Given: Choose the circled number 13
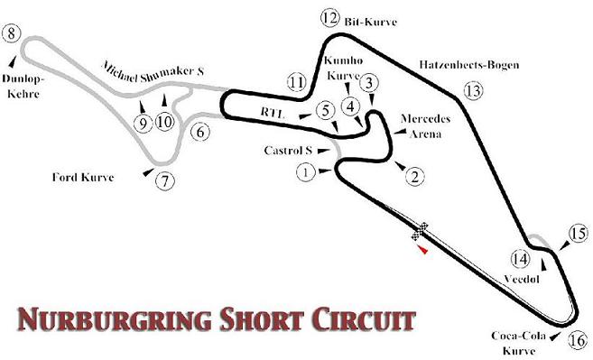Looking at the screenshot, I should coord(473,89).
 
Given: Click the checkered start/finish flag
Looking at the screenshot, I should coord(420,231).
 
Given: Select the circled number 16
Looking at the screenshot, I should coord(579,340).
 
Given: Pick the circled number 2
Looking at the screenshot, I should coord(413,176).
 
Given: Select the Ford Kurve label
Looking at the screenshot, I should coord(85,177).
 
